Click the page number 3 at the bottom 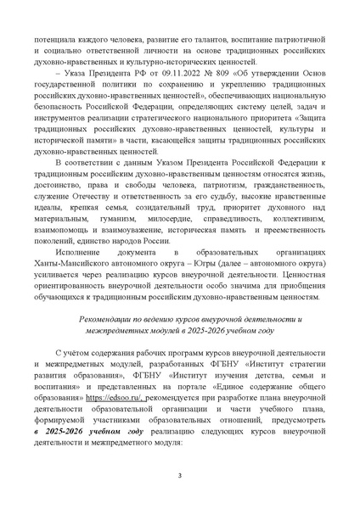pyautogui.click(x=179, y=485)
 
